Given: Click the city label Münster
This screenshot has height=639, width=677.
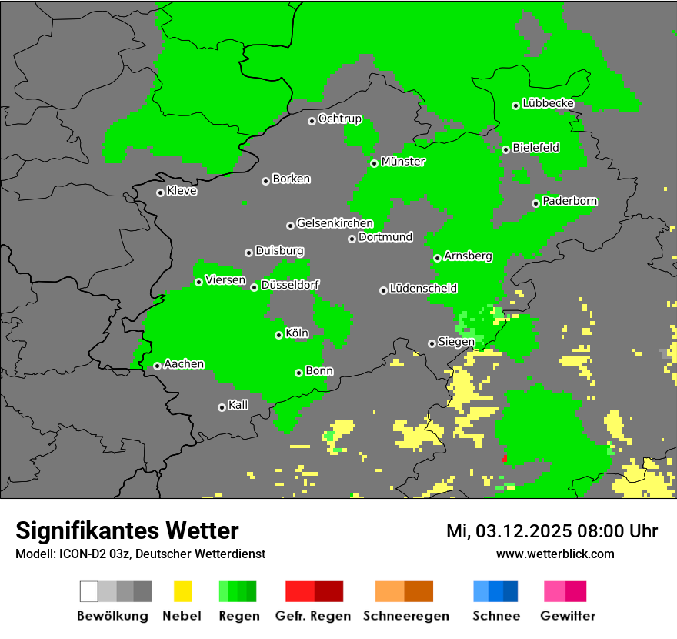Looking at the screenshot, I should [x=403, y=162].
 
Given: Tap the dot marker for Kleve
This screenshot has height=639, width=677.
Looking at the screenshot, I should [x=160, y=192].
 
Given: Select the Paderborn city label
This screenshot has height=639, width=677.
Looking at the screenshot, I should [x=569, y=202].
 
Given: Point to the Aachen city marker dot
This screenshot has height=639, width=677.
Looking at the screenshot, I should [x=157, y=366].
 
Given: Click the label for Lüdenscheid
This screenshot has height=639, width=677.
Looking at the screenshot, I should [x=423, y=289].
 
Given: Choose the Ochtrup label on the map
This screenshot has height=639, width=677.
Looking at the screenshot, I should [x=339, y=119].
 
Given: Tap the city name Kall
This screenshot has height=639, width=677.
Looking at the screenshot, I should [x=238, y=405].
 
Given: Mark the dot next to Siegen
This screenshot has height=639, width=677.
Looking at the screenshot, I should [x=432, y=343].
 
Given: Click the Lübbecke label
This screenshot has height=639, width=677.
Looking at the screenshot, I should [x=548, y=103].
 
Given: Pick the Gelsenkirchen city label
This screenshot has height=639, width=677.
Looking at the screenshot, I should [x=335, y=223].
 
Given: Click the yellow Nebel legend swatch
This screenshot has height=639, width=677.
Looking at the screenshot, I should [x=182, y=591].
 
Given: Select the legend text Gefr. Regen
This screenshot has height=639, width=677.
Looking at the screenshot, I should [x=313, y=616].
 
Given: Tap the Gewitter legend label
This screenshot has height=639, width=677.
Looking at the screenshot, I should [x=568, y=616].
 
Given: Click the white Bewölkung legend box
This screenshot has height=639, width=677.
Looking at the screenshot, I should [x=89, y=591].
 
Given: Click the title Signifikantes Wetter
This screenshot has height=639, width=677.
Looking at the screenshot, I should [x=127, y=530].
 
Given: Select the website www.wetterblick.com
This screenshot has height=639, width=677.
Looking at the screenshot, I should [x=555, y=554].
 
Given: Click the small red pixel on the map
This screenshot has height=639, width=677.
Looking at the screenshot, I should [x=505, y=458].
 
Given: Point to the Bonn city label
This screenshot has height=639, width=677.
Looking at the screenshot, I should [x=319, y=371].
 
